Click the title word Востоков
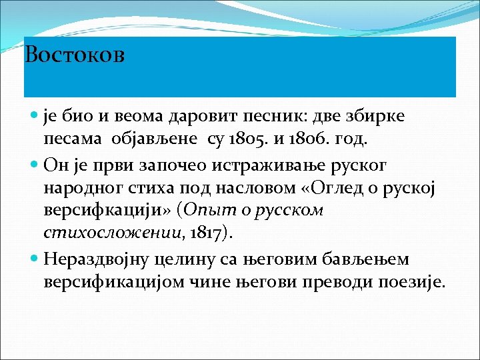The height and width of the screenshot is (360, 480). pos(75,54)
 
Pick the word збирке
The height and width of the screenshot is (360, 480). pos(380,116)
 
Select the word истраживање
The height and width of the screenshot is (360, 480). pos(255,165)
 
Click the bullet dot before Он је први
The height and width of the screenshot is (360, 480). pos(34,164)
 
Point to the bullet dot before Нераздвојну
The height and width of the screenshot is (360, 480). pos(34,258)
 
